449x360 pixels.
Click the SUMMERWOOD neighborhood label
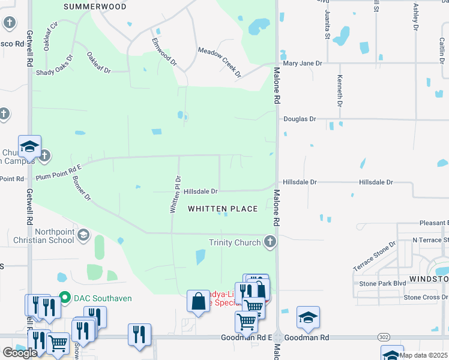click(x=95, y=7)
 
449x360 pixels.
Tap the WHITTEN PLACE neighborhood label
click(x=223, y=209)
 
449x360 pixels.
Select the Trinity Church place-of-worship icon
click(x=270, y=242)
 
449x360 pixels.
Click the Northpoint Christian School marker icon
click(x=83, y=235)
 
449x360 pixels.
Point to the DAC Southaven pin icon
click(x=65, y=298)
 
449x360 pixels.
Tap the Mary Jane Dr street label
click(x=303, y=63)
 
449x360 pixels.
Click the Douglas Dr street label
click(x=300, y=119)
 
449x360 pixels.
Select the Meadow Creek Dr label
click(x=220, y=63)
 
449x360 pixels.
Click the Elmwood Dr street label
click(x=164, y=52)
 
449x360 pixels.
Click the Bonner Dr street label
click(x=81, y=187)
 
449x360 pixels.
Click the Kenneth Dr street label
click(x=339, y=92)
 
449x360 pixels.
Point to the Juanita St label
click(x=328, y=23)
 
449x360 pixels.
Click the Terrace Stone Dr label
click(x=375, y=256)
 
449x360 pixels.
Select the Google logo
click(x=20, y=353)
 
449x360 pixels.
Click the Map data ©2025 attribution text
click(x=423, y=355)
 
